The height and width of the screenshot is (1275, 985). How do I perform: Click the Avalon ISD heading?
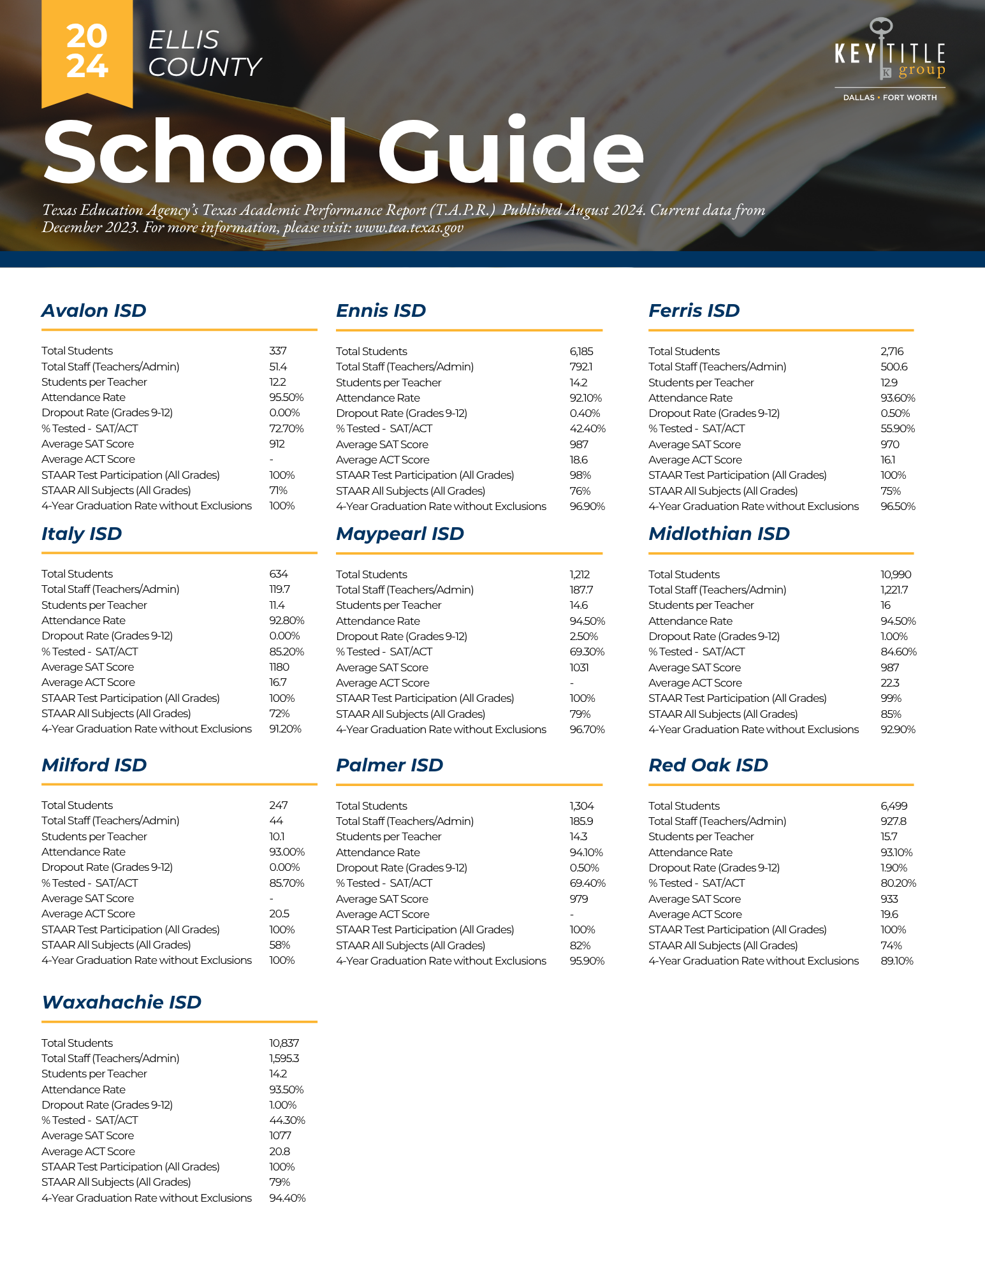point(94,310)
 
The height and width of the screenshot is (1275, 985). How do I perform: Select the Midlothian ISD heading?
point(719,534)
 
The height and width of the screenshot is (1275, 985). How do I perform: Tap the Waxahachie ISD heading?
point(121,1002)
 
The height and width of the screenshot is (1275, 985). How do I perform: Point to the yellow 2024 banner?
point(87,51)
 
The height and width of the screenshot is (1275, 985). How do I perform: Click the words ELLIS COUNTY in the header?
point(204,54)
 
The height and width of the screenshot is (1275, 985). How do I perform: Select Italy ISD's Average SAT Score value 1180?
point(279,667)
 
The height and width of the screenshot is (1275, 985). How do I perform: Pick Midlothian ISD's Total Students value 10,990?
point(896,574)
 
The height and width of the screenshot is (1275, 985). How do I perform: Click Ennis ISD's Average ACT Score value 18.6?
point(579,460)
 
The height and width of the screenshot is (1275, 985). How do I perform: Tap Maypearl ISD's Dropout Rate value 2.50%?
point(584,636)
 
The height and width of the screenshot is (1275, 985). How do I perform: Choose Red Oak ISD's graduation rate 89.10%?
point(897,961)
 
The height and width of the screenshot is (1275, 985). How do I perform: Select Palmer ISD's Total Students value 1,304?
point(581,806)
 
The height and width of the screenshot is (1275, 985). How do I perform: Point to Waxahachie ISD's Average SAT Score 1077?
point(280,1135)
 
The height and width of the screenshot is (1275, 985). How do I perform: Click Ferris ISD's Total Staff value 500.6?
point(894,367)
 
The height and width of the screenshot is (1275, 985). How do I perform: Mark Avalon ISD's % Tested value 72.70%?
point(286,428)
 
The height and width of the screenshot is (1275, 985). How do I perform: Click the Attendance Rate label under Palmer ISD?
point(378,852)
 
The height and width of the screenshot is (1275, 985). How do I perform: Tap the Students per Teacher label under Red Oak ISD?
point(701,836)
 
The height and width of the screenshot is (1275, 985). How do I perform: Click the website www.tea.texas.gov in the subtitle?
point(409,228)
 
